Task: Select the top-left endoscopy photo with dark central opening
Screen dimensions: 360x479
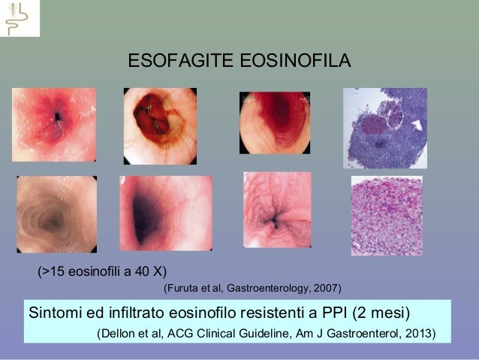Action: click(x=54, y=124)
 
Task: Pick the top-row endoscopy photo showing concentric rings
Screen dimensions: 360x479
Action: click(x=274, y=123)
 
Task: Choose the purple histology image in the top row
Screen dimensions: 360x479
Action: click(x=384, y=128)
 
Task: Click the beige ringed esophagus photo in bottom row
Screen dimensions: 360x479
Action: click(x=56, y=214)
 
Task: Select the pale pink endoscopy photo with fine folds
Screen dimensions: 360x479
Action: click(x=276, y=210)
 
